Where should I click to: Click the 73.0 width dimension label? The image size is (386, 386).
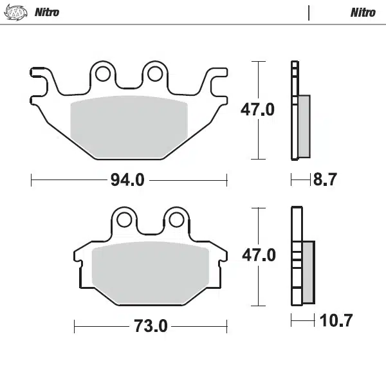(x=151, y=326)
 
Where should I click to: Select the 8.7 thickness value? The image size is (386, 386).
(x=325, y=180)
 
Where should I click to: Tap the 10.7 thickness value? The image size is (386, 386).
(x=336, y=320)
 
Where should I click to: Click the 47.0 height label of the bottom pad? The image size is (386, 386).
(x=258, y=255)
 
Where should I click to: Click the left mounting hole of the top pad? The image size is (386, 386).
(x=103, y=75)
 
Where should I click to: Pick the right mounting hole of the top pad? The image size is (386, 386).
(x=154, y=75)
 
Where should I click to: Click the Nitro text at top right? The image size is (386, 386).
(x=363, y=12)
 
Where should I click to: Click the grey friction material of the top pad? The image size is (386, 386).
(x=128, y=127)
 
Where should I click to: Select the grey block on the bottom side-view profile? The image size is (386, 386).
(x=308, y=271)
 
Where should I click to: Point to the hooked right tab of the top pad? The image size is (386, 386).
(x=217, y=82)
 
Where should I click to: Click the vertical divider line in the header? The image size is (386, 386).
(x=309, y=12)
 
